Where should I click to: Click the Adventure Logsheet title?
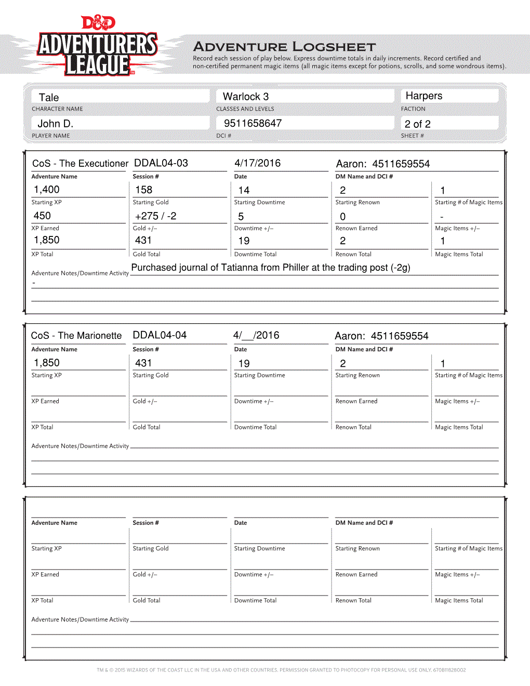(x=284, y=47)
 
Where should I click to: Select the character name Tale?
(x=49, y=98)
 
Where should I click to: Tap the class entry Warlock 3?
(x=246, y=97)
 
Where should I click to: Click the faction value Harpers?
(x=424, y=96)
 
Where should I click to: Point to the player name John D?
(x=55, y=124)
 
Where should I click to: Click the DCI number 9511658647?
(x=253, y=123)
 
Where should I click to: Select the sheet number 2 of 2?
(x=417, y=124)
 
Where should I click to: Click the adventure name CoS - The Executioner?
(x=80, y=164)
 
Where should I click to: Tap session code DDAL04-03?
(x=161, y=163)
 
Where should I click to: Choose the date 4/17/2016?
(x=257, y=163)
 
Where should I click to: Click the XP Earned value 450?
(x=42, y=216)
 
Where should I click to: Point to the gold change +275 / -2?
(x=155, y=216)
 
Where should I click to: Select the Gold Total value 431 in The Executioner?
(x=143, y=240)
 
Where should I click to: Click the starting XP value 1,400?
(x=47, y=190)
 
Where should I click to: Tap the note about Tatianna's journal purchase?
(x=271, y=268)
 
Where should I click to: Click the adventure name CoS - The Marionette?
(x=76, y=336)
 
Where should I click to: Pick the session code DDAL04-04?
(x=160, y=335)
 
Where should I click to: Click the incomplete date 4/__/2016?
(x=256, y=335)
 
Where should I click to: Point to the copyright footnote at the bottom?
(x=281, y=670)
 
